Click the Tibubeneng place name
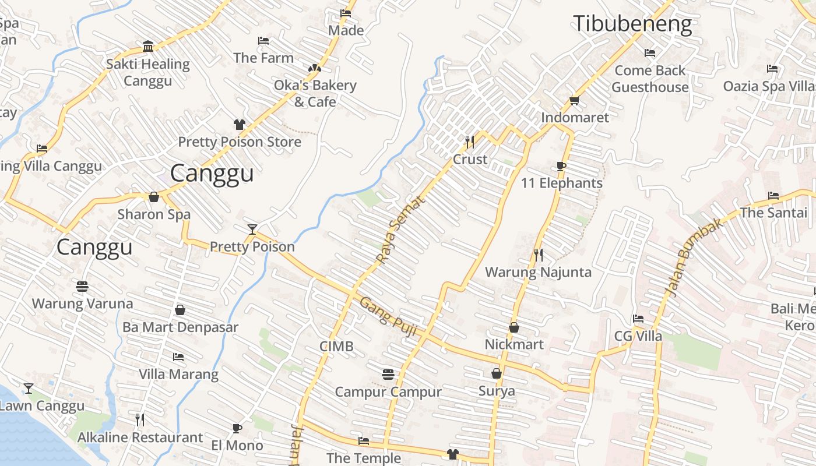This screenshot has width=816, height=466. coord(632,24)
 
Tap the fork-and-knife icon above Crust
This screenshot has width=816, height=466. coord(470,142)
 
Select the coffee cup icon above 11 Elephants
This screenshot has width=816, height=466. coord(561,166)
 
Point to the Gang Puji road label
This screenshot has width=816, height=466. coord(388,316)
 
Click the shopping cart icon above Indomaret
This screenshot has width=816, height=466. coord(574,100)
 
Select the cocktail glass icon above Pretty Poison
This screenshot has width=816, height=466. coord(252,229)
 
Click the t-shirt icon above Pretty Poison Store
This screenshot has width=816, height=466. coord(239,124)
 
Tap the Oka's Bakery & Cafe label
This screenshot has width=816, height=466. coord(315,93)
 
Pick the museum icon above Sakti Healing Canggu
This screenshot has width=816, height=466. coord(148,47)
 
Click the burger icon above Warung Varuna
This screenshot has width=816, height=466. coord(82,286)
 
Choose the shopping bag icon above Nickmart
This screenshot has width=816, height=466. coord(514,327)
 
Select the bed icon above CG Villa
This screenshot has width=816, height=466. coord(638,319)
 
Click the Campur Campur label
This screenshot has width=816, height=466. coord(388,392)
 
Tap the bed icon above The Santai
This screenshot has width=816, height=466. coord(773,195)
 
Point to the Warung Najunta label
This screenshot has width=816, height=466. coord(538,272)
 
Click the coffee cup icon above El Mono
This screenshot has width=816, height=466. coord(237,428)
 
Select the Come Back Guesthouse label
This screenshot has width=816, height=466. coord(650,79)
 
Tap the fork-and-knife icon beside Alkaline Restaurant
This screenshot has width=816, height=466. coord(140,419)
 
